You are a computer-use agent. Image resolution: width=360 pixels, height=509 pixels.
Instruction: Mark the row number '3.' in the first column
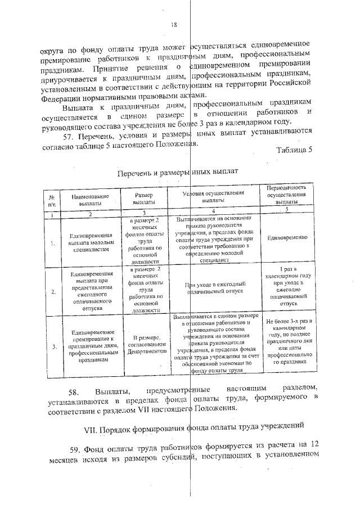coord(52,347)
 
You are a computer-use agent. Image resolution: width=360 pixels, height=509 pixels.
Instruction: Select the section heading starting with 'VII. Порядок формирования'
coord(195,431)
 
